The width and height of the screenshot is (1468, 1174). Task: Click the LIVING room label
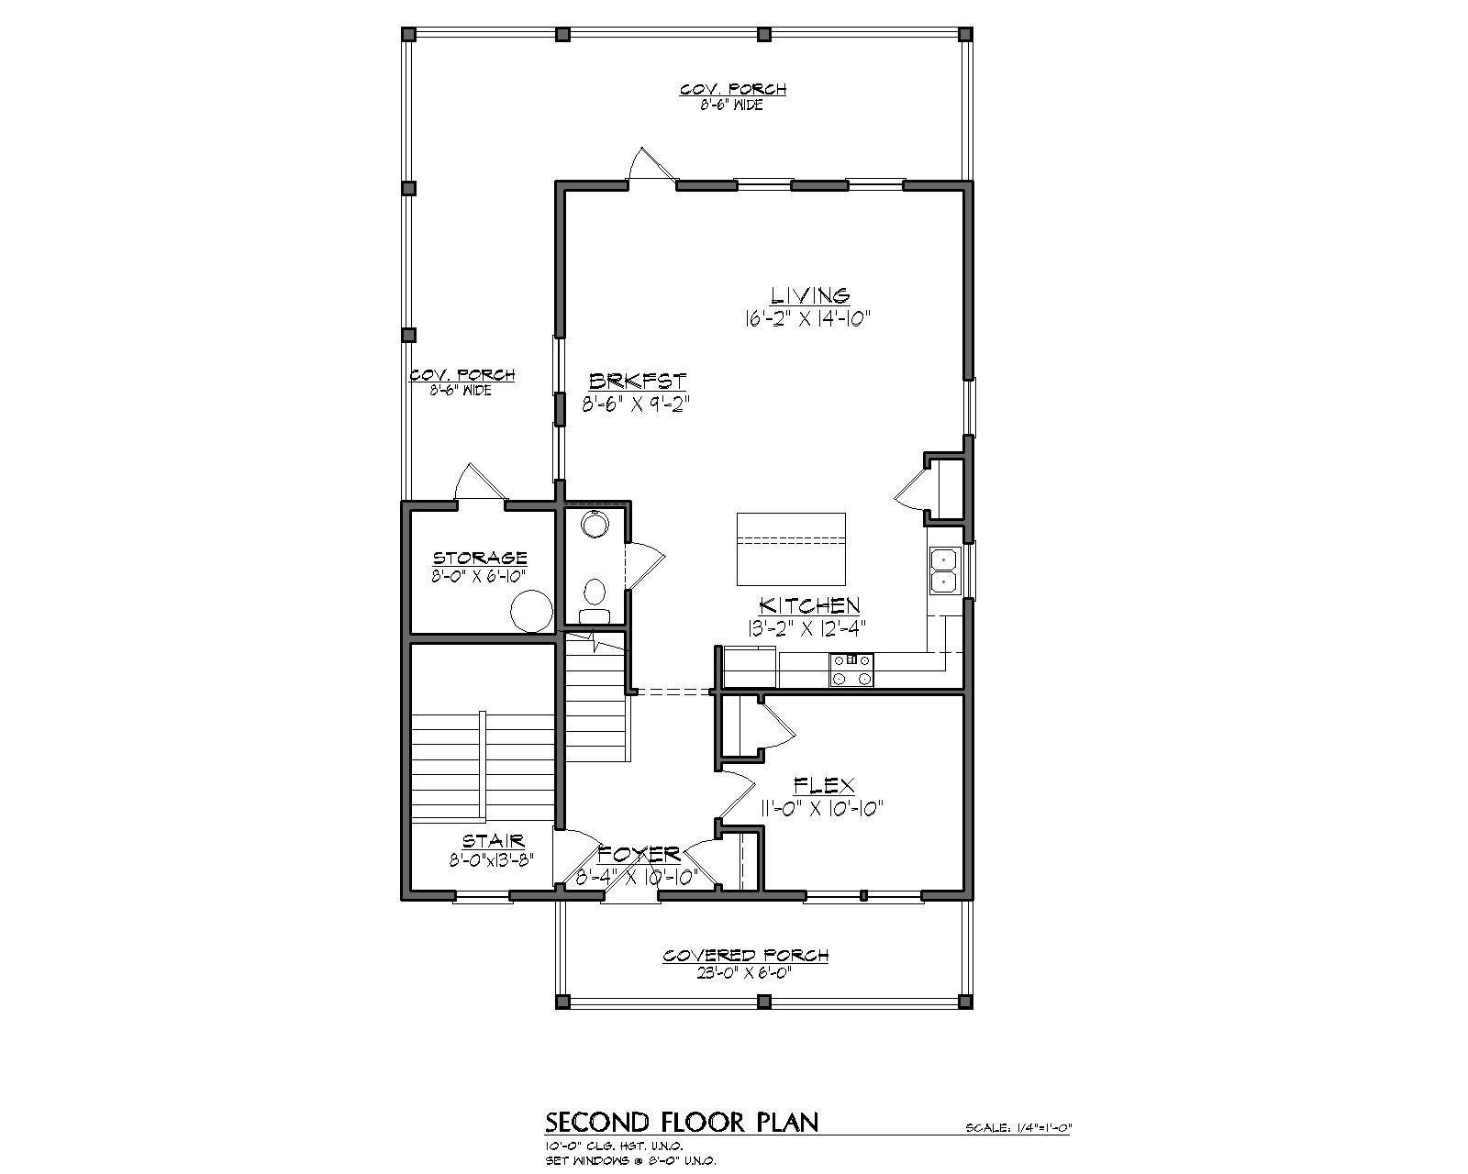pos(809,295)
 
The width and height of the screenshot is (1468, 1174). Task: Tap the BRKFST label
pos(637,381)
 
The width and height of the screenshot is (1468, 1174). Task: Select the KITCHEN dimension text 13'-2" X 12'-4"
pos(807,627)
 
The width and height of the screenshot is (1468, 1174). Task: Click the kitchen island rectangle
pos(792,548)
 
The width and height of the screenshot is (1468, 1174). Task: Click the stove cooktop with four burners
pos(851,670)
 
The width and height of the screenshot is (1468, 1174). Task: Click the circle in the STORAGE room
pos(530,611)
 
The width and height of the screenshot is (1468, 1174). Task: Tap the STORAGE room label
pos(480,558)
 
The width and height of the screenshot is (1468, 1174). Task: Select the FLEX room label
pos(823,786)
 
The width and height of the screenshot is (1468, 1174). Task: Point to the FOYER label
pos(639,854)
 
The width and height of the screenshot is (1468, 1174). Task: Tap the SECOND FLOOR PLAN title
pos(682,1122)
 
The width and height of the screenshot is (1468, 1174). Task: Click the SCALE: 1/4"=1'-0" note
pos(1018,1128)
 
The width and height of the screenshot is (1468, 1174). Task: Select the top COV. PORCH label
pos(732,89)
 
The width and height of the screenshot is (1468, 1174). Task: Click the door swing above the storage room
pos(479,482)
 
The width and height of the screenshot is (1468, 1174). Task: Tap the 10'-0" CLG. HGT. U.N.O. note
pos(614,1146)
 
